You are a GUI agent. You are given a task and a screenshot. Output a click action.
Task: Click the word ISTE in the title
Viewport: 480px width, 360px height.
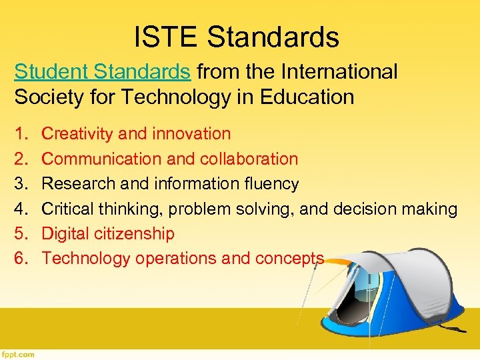163,37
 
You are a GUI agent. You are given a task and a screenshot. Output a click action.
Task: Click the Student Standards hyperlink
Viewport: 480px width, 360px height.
103,71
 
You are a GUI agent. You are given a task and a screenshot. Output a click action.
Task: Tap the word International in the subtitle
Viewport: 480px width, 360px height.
340,71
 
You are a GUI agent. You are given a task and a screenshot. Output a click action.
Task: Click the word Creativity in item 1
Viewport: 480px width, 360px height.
75,134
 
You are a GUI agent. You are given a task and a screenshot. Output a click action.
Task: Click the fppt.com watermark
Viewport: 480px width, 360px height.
18,354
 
